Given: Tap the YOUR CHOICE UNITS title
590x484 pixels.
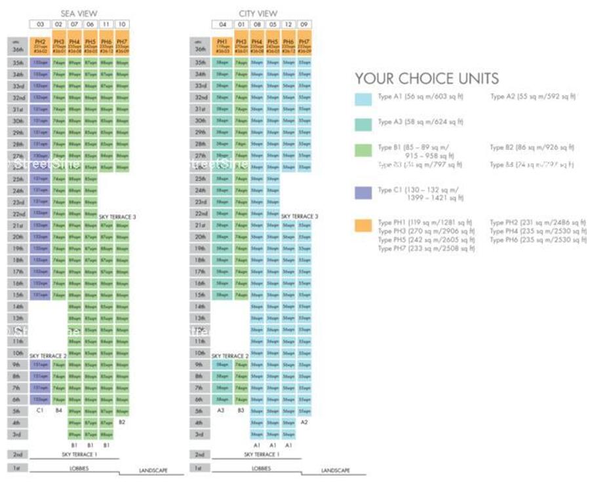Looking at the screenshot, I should [x=427, y=79].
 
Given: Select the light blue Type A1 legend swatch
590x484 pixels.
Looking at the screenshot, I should [x=363, y=99].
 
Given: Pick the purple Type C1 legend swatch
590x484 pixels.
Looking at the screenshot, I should [x=363, y=193].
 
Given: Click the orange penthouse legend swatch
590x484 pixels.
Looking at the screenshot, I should [x=363, y=225].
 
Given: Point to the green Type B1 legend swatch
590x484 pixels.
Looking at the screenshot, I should [x=363, y=150].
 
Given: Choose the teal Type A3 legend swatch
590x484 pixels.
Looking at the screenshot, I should [x=363, y=122].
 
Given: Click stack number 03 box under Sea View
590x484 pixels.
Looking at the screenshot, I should [x=39, y=25].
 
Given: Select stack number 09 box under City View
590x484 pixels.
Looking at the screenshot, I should [x=304, y=25].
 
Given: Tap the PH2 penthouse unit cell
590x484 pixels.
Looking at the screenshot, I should [x=40, y=45].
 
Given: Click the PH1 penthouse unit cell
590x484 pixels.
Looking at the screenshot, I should [x=222, y=45].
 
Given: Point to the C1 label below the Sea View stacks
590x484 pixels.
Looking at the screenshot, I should [x=40, y=411].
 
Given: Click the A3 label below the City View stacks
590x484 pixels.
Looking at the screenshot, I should [x=222, y=411].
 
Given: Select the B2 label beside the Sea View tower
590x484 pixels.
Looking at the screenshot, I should [x=122, y=422].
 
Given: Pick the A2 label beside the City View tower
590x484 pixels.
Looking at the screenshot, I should [x=304, y=422].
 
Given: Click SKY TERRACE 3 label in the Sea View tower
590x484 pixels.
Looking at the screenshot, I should [x=117, y=216].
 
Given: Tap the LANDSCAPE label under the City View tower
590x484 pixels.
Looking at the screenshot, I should [x=335, y=471].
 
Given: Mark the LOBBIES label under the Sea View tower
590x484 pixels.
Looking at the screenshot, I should [x=79, y=469].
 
